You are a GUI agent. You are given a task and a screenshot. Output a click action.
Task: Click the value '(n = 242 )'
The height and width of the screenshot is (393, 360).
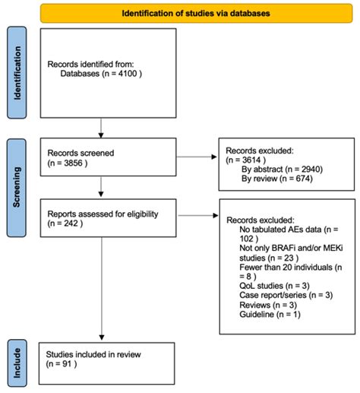click(66, 225)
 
